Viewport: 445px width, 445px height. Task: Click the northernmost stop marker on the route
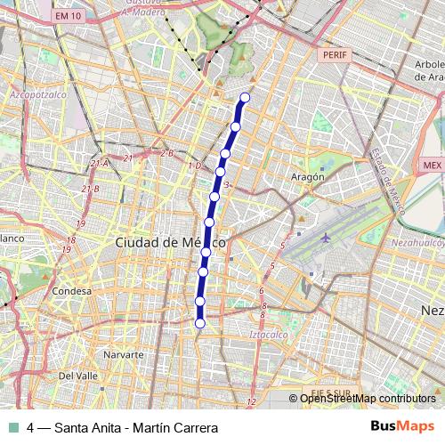pos(246,98)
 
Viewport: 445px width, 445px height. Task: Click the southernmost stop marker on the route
pos(199,323)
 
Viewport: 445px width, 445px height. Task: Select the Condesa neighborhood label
pos(72,291)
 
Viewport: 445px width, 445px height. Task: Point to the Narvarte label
pos(124,354)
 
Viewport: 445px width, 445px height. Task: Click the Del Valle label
pos(77,376)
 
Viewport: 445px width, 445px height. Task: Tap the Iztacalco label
pos(273,334)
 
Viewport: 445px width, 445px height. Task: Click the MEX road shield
pos(433,166)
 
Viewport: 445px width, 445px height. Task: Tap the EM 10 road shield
pos(67,16)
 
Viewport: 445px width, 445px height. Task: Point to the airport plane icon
pos(325,238)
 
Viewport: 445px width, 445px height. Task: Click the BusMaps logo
pos(402,426)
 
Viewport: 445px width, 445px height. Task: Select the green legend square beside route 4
pos(14,427)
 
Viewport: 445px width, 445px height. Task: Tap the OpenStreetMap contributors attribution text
pos(366,398)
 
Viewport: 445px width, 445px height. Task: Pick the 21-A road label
pos(99,163)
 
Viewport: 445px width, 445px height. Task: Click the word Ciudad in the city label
pos(136,242)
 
